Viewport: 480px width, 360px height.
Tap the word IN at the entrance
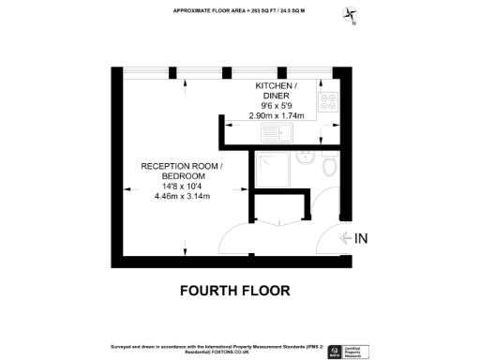point(362,239)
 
